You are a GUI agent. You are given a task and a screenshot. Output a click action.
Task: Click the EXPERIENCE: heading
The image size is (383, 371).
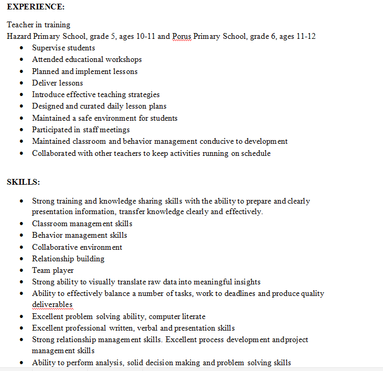coord(36,7)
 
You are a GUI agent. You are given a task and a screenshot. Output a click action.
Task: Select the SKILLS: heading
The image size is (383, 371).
coord(23,182)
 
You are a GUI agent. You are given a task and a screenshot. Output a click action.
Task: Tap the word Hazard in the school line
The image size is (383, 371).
coord(19,36)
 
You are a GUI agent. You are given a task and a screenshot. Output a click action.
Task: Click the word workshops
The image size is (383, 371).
coord(123,59)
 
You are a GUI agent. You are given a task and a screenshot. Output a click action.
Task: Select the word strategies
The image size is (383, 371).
coord(140,94)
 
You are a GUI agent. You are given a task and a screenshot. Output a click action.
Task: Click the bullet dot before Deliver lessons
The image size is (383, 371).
coord(21,83)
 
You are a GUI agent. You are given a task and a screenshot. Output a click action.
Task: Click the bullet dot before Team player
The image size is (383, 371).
coord(21,270)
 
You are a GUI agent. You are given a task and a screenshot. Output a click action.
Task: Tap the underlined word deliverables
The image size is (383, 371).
coord(52,304)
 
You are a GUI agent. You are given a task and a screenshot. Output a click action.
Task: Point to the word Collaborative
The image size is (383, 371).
coord(55,247)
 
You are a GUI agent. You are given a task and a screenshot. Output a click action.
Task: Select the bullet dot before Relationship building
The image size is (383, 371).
coord(21,259)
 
